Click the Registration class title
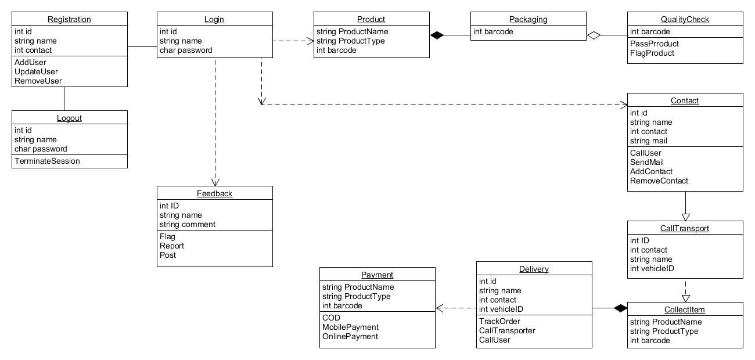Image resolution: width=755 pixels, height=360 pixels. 69,19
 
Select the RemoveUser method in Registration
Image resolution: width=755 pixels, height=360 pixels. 38,81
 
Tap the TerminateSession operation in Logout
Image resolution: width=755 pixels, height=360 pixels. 47,161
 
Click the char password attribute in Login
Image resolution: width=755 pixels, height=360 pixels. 186,50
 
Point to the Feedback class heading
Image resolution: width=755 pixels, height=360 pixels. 214,193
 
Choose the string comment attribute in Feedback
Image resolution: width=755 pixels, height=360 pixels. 187,224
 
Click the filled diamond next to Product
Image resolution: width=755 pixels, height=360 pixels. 437,35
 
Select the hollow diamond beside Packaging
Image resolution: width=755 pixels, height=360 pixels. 594,35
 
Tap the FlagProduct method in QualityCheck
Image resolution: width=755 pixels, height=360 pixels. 652,53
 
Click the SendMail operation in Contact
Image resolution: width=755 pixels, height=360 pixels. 646,162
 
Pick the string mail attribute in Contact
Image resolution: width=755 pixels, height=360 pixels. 648,141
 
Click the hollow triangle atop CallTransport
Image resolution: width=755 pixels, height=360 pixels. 685,217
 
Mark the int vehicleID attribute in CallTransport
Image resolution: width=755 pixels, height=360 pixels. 652,268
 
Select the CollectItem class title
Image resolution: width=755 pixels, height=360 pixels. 685,309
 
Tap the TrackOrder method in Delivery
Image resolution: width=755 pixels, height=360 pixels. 499,321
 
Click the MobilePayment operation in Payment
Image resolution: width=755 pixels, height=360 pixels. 350,327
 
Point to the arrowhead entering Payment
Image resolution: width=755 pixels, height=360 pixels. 440,308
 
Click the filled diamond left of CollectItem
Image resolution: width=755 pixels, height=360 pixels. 621,308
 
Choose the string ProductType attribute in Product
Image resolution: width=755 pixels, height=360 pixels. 351,41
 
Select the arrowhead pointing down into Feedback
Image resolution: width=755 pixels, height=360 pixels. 215,182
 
